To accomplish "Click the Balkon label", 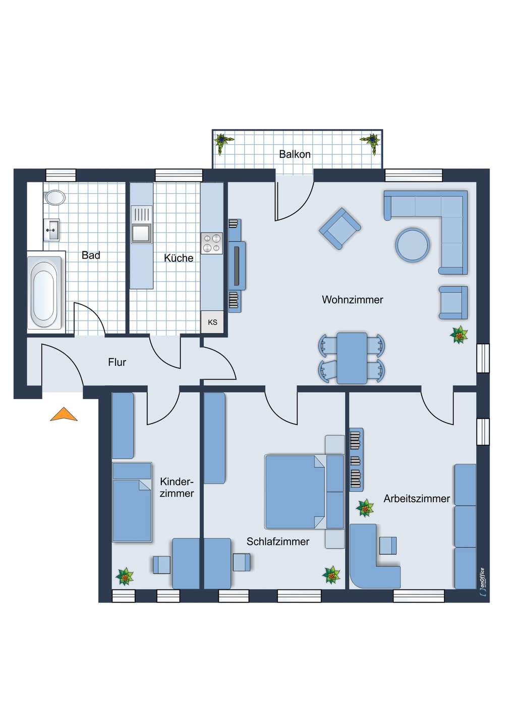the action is point(295,154).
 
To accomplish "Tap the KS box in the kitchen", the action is point(212,322).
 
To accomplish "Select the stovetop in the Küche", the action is point(212,244).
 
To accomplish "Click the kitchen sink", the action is point(141,224).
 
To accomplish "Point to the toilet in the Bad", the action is point(54,197).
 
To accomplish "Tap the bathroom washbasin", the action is point(51,229).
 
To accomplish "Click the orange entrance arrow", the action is point(64,414).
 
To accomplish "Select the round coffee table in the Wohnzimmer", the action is point(413,245).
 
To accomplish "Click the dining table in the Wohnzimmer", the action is point(352,358).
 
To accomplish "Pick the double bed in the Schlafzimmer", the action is point(304,492).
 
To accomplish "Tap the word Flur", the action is point(117,362).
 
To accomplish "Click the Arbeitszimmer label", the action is point(417,499).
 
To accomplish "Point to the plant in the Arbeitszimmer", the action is point(365,508).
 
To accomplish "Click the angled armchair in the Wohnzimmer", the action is point(340,228).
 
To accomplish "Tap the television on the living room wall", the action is point(238,266).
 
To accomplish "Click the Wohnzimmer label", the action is point(353,299).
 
